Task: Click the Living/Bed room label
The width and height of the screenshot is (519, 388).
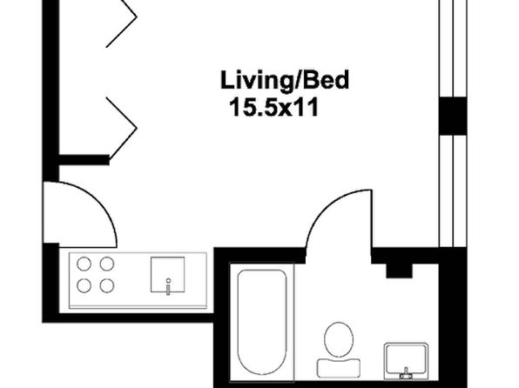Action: (x=285, y=80)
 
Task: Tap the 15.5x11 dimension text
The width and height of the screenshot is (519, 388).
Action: (x=274, y=107)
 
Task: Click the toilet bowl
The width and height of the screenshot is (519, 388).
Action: (x=339, y=339)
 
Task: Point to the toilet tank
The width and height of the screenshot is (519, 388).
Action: (x=339, y=368)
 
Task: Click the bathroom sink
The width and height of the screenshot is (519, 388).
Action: (x=406, y=361)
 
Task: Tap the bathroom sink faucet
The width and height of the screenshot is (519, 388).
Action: (x=406, y=374)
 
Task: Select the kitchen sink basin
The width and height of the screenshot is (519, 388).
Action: (x=167, y=275)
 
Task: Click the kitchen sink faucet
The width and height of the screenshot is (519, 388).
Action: (x=168, y=286)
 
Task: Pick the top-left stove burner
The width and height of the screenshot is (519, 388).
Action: (x=84, y=264)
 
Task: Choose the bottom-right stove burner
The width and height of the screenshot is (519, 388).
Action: (x=107, y=286)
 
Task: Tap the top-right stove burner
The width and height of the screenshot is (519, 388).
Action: (x=107, y=264)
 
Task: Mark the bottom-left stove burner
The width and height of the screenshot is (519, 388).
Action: (x=84, y=286)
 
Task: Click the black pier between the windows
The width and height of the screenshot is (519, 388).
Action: (x=453, y=116)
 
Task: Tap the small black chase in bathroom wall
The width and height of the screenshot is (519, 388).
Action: (x=399, y=271)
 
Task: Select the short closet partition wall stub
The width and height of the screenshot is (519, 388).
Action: (x=84, y=160)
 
